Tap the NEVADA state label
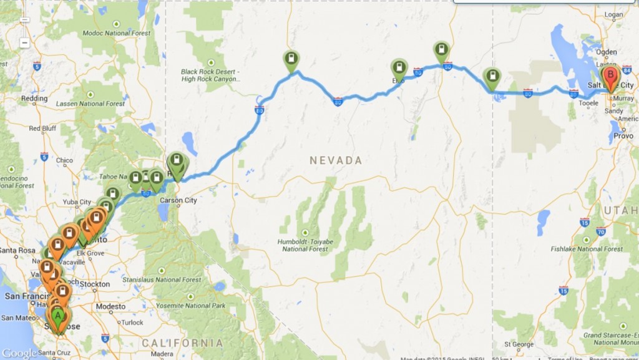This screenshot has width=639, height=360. tap(336, 160)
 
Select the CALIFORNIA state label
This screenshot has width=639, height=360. tap(183, 343)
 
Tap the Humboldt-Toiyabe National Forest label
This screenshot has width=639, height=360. tap(318, 245)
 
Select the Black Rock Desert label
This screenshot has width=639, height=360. tap(209, 75)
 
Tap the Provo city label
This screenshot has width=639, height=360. tap(623, 135)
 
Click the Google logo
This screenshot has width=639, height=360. tap(19, 353)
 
